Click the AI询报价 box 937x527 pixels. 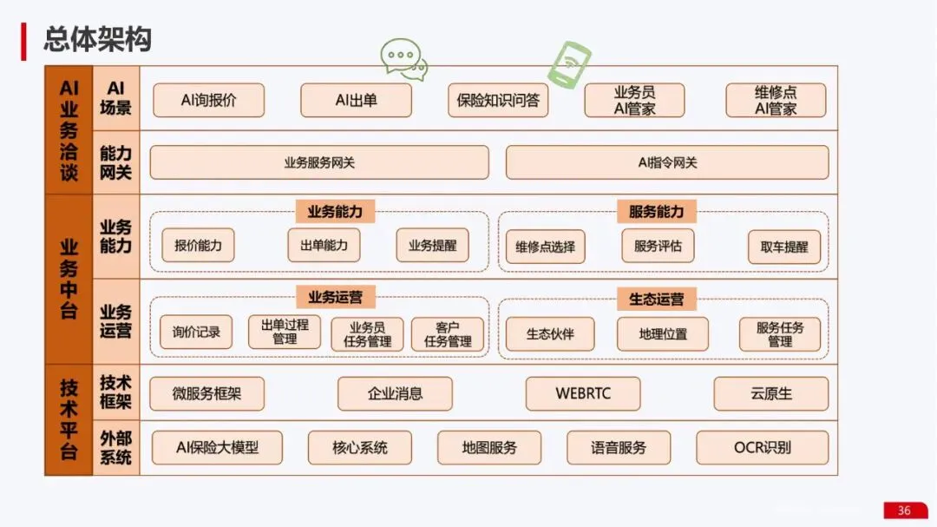coord(208,100)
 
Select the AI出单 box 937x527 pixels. coord(356,100)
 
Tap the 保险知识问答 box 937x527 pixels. coord(498,100)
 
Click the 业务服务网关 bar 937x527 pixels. coord(319,162)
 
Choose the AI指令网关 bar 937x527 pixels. coord(667,162)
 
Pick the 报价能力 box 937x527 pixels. coord(198,246)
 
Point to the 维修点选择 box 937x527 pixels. coord(545,247)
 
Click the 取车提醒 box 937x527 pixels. coord(784,247)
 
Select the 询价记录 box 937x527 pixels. coord(196,332)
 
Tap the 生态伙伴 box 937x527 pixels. coord(550,333)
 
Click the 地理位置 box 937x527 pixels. coord(663,333)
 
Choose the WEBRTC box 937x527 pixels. coord(583,393)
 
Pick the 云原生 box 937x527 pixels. coord(771,393)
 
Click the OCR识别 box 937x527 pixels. coord(763,448)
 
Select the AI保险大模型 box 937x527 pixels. coord(217,448)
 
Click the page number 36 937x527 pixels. coord(904,511)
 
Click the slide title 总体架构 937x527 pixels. coord(98,39)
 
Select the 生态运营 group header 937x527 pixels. coord(656,299)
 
